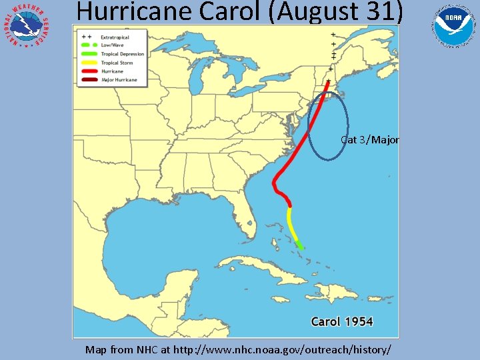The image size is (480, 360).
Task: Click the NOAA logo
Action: [455, 26]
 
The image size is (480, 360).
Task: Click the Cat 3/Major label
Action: [370, 140]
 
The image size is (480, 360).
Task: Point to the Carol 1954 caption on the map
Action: [342, 322]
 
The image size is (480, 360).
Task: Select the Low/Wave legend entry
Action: [113, 45]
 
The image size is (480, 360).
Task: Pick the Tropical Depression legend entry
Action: [122, 54]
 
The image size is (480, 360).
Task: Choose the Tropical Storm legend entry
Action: [117, 63]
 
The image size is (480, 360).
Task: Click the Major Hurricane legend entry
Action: [119, 80]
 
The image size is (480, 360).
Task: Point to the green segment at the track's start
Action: [300, 245]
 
